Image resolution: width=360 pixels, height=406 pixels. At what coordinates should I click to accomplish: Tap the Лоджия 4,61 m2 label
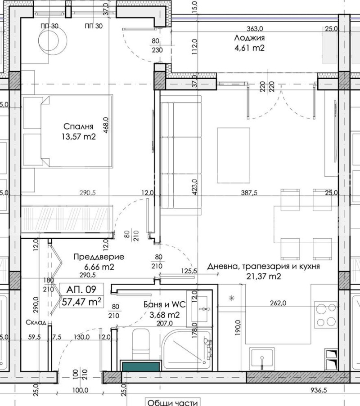pyautogui.click(x=249, y=43)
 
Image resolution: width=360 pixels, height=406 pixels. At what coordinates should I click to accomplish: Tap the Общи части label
pyautogui.click(x=172, y=402)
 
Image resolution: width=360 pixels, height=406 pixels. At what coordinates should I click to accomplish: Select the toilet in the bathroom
pyautogui.click(x=141, y=344)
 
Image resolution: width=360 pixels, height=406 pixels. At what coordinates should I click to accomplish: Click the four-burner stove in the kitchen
pyautogui.click(x=325, y=315)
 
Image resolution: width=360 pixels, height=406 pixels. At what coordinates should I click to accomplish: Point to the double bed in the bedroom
pyautogui.click(x=67, y=131)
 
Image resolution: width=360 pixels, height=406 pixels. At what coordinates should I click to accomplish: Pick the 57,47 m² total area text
pyautogui.click(x=81, y=302)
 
